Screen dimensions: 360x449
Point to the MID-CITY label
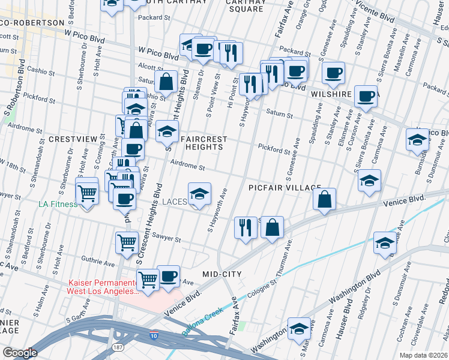[x=222, y=274]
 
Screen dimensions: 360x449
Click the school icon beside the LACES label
[x=200, y=193]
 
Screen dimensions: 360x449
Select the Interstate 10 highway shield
[x=154, y=334]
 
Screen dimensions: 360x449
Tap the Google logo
[x=20, y=353]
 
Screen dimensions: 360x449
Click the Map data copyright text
[x=423, y=355]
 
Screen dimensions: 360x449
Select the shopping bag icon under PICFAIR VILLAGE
[x=324, y=199]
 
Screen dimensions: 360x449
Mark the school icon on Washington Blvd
[x=299, y=328]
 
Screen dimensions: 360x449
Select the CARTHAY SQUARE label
[x=245, y=5]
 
